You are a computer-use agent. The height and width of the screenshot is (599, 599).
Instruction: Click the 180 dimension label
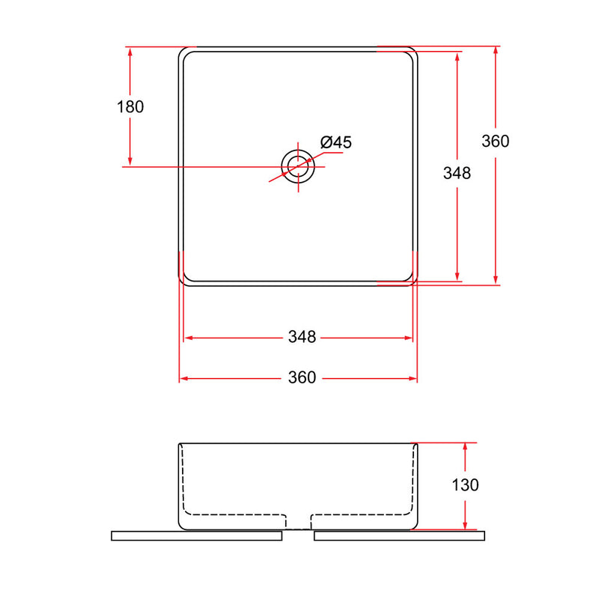point(130,107)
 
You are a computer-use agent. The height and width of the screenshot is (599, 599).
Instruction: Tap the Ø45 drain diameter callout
point(335,142)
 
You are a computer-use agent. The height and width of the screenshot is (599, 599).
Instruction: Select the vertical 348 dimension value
point(457,173)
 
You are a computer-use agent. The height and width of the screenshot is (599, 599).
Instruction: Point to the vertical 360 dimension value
point(495,142)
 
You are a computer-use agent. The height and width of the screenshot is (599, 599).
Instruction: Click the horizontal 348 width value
point(302,337)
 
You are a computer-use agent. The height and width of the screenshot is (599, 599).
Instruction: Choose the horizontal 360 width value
point(302,377)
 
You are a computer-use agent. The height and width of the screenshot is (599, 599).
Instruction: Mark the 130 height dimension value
point(465,485)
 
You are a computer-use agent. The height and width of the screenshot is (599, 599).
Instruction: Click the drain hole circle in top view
point(298,150)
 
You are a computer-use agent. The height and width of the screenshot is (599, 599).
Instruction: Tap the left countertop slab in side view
point(196,535)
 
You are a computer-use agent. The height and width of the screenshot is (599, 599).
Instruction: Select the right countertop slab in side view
point(399,535)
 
